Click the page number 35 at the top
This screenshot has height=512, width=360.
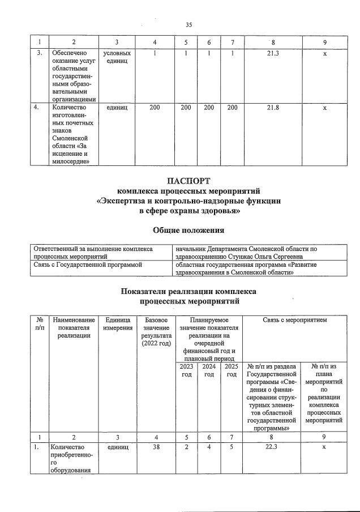pos(189,24)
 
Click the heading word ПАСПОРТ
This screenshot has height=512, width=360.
pos(189,181)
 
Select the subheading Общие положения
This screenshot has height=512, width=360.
pos(189,230)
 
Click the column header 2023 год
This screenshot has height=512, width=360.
pos(186,370)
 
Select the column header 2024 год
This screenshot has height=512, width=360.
pos(209,370)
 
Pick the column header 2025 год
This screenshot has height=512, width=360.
pos(231,370)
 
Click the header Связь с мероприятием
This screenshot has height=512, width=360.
pos(294,320)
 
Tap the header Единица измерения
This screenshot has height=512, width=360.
pos(118,323)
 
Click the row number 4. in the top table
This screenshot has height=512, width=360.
pos(38,106)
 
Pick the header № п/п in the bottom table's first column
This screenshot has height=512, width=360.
pos(38,323)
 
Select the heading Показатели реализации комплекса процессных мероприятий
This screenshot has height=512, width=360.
pos(189,296)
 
